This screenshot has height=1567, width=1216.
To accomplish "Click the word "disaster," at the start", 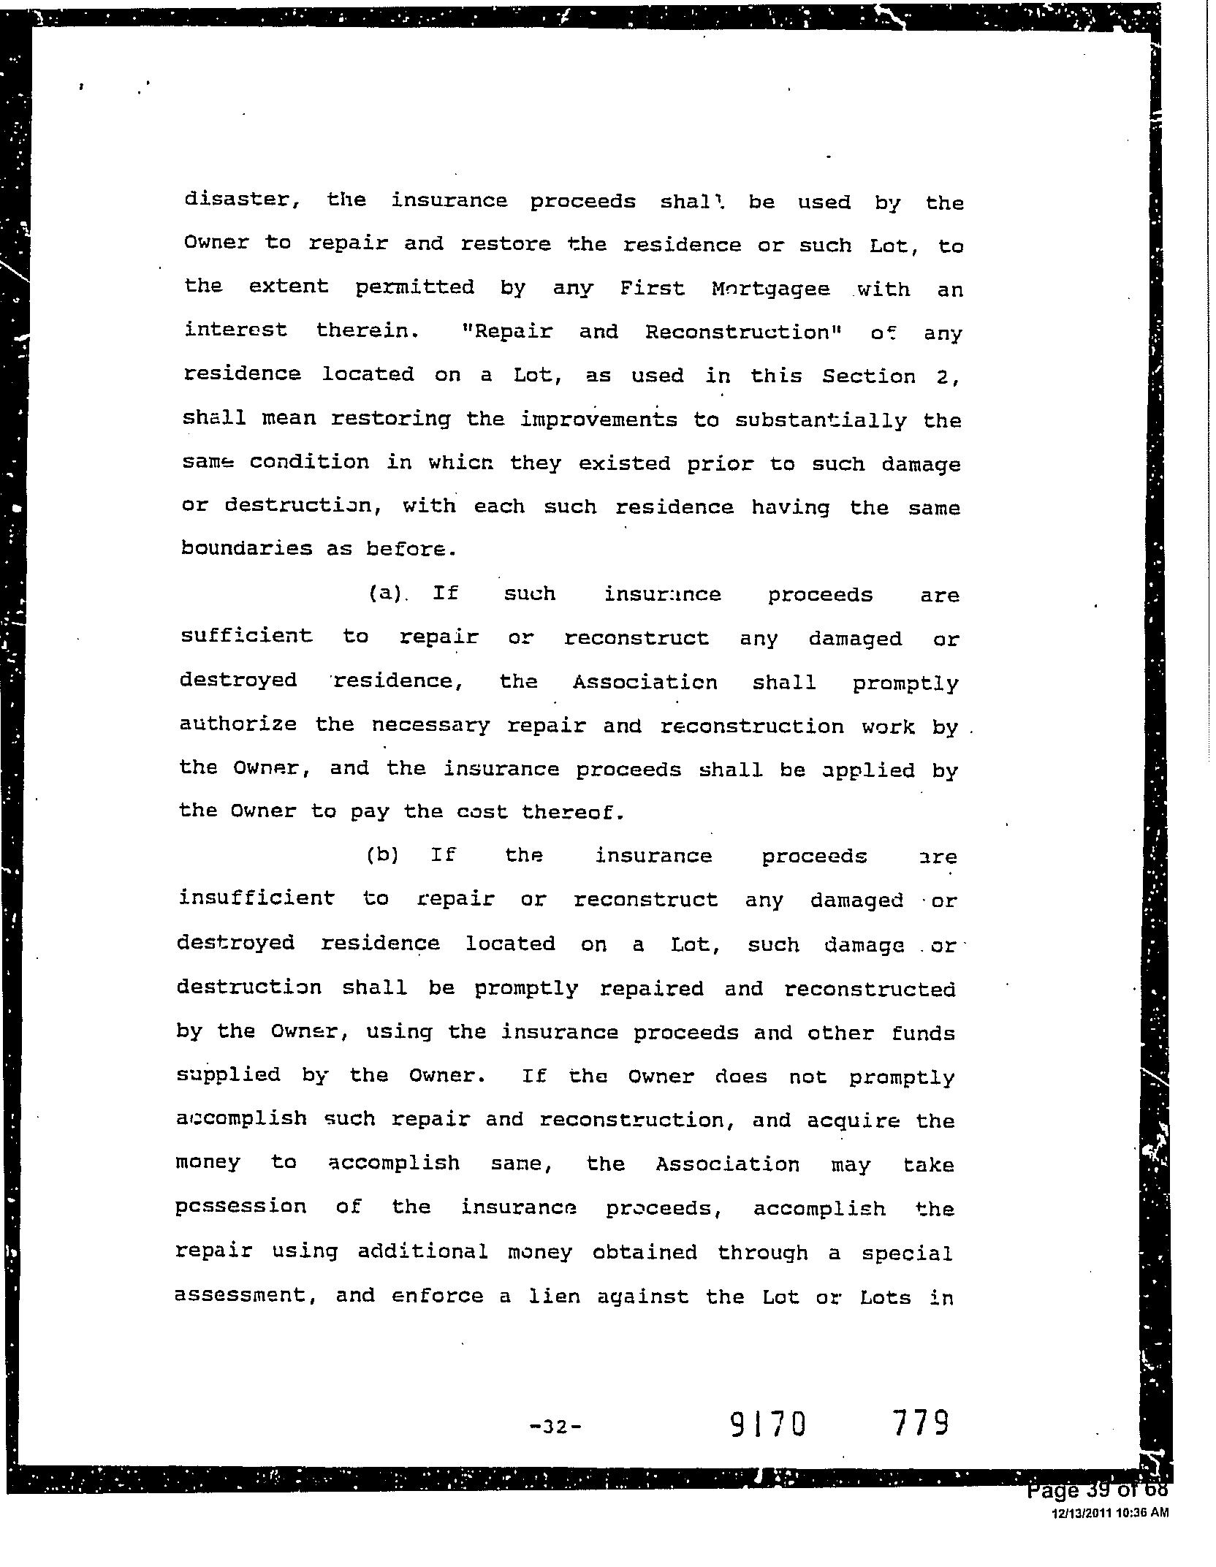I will tap(242, 200).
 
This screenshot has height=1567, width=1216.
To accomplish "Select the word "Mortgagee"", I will tap(770, 289).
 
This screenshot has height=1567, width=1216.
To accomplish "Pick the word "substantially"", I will tap(820, 420).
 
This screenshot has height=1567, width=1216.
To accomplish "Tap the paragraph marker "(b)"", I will tap(382, 854).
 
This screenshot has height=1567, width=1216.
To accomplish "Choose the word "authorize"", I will tap(238, 724).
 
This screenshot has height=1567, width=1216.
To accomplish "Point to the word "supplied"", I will tap(228, 1074).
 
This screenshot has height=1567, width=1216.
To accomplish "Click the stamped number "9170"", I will tap(767, 1424).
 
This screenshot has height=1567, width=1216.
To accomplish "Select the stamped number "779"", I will tap(920, 1422).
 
